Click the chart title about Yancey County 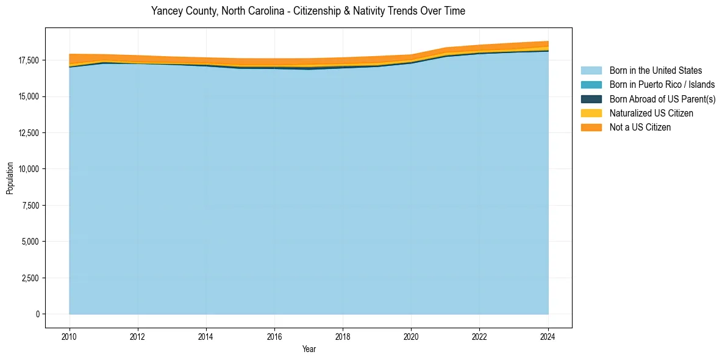click(x=308, y=11)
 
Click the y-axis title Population click(x=10, y=178)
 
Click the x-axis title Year click(x=309, y=349)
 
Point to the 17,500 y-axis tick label click(x=27, y=60)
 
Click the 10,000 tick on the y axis click(x=27, y=169)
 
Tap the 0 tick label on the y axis click(x=37, y=314)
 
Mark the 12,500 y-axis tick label click(x=27, y=133)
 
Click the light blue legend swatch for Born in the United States click(x=591, y=71)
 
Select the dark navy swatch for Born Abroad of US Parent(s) click(x=591, y=99)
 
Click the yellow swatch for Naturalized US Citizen click(x=591, y=113)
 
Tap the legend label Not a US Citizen click(x=640, y=128)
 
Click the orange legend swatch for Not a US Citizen click(x=591, y=127)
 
